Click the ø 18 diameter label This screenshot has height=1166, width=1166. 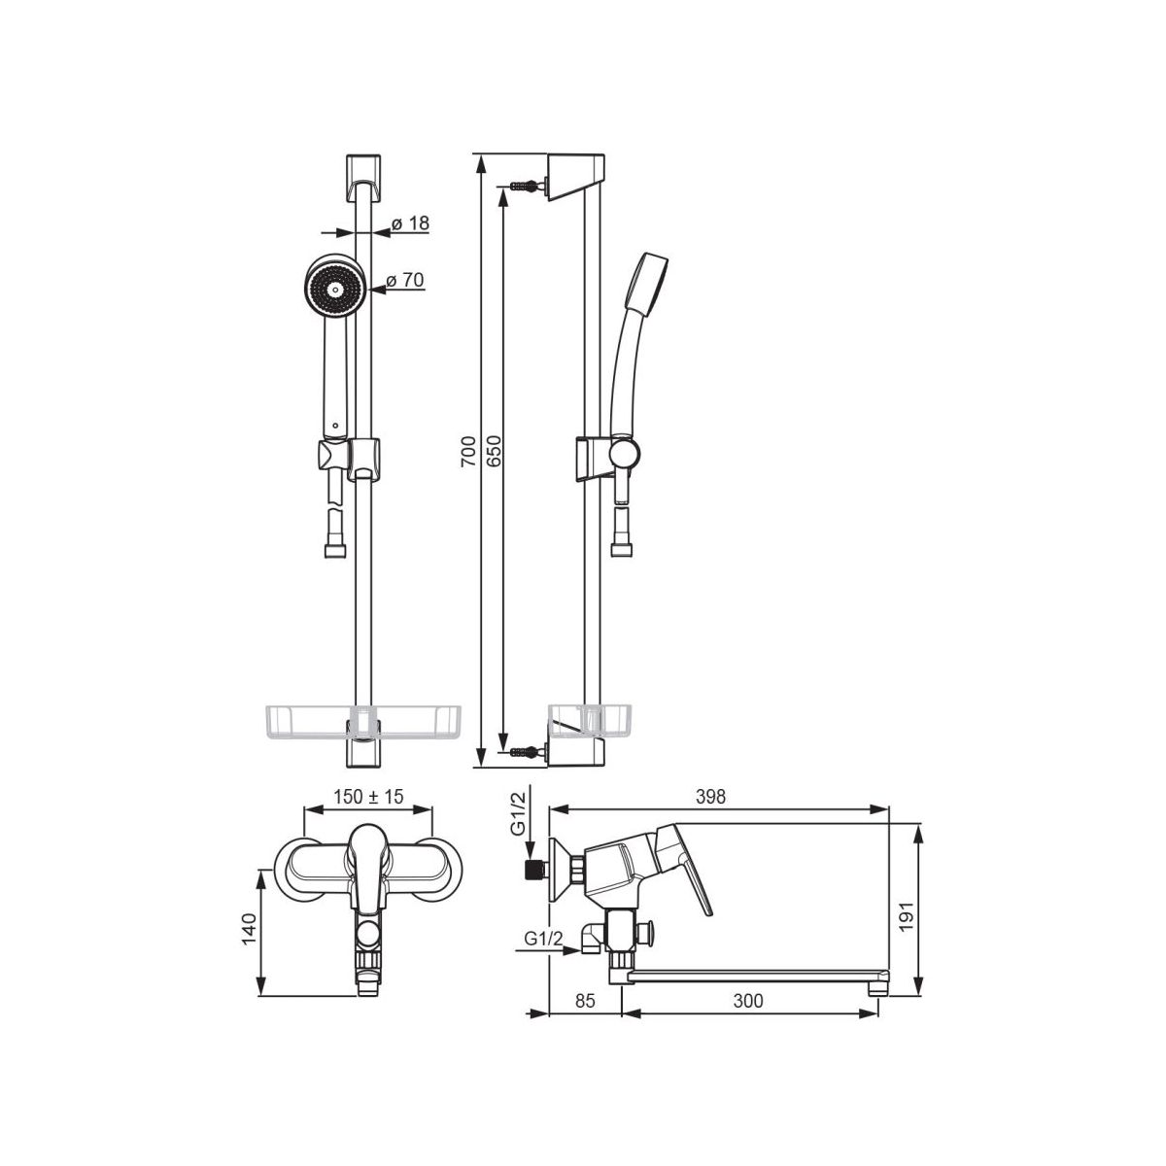click(410, 223)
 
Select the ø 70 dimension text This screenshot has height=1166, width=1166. click(405, 280)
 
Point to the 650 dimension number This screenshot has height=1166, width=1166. click(494, 450)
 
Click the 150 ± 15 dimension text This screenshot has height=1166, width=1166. click(368, 797)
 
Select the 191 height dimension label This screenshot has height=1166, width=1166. click(906, 917)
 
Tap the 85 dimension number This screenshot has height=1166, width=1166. click(585, 1001)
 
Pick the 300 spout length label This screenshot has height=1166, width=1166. click(748, 1001)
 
